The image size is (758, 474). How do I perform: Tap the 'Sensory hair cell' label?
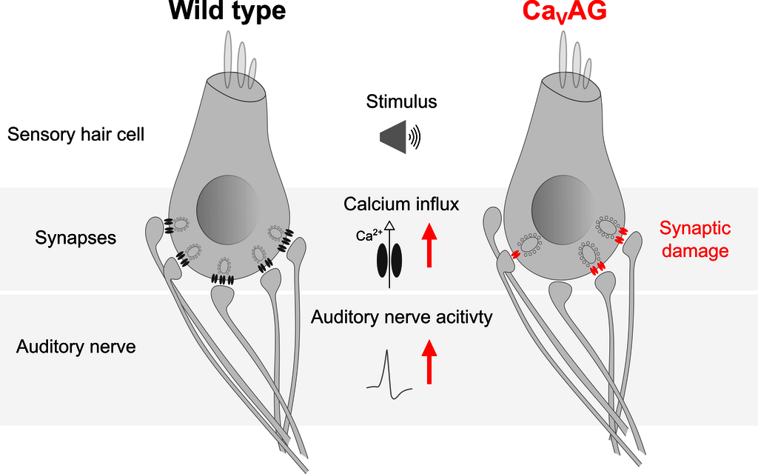[x=76, y=135]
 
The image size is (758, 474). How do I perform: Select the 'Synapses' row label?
[x=76, y=238]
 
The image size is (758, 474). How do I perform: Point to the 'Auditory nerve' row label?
[x=76, y=346]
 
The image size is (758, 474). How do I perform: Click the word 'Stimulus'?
[x=401, y=101]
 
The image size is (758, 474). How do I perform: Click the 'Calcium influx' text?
[x=401, y=204]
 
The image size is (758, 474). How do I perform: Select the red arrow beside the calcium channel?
[x=429, y=247]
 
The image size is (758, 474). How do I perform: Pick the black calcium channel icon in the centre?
[x=389, y=258]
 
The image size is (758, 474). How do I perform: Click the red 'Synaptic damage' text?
[x=694, y=239]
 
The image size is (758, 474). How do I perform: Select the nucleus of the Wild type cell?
[x=228, y=211]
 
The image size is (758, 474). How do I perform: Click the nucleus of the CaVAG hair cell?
[x=563, y=211]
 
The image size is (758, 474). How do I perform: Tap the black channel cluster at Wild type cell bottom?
[x=223, y=279]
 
